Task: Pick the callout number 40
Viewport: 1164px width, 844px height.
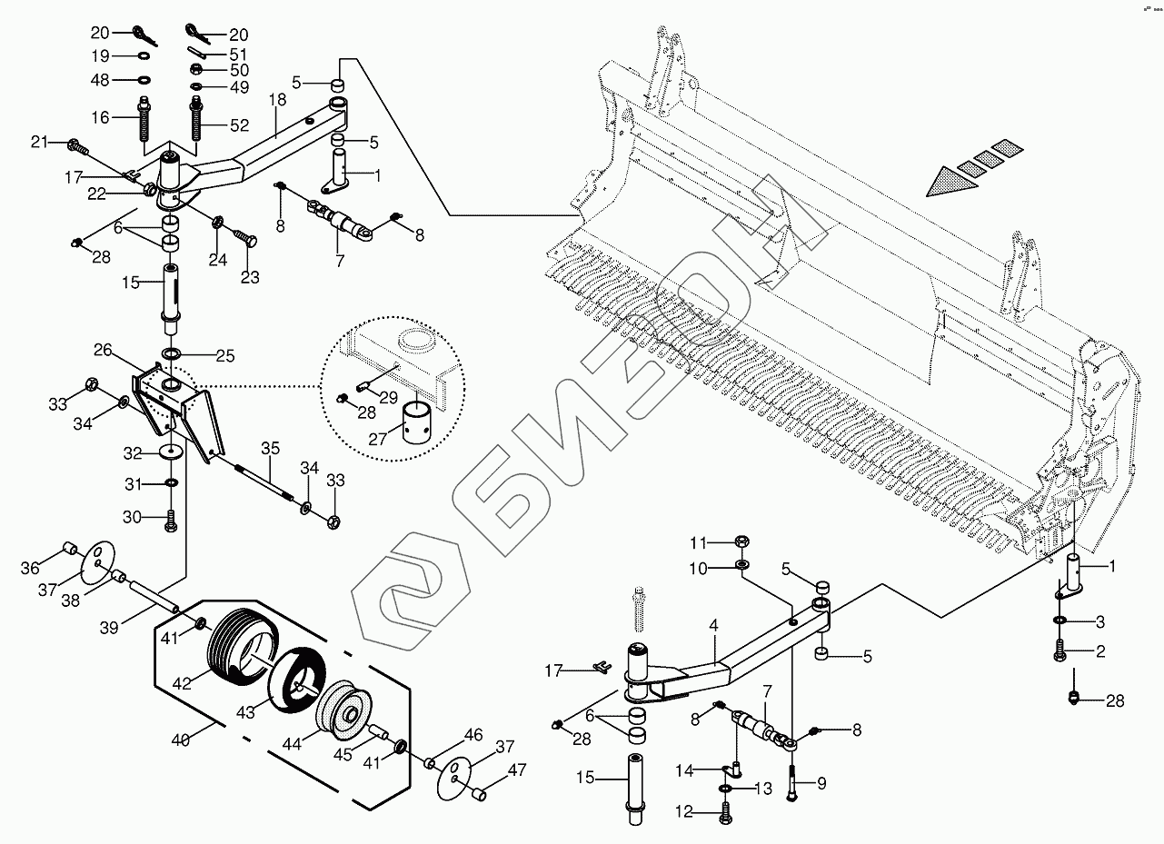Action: (180, 740)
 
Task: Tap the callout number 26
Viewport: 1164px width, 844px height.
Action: (103, 350)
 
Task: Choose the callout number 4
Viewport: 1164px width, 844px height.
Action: (714, 626)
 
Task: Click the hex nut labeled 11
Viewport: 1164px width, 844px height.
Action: (741, 543)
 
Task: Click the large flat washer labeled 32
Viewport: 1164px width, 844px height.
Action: (171, 452)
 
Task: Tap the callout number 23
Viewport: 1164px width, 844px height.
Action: (249, 278)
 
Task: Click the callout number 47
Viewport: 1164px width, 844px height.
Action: (517, 770)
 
